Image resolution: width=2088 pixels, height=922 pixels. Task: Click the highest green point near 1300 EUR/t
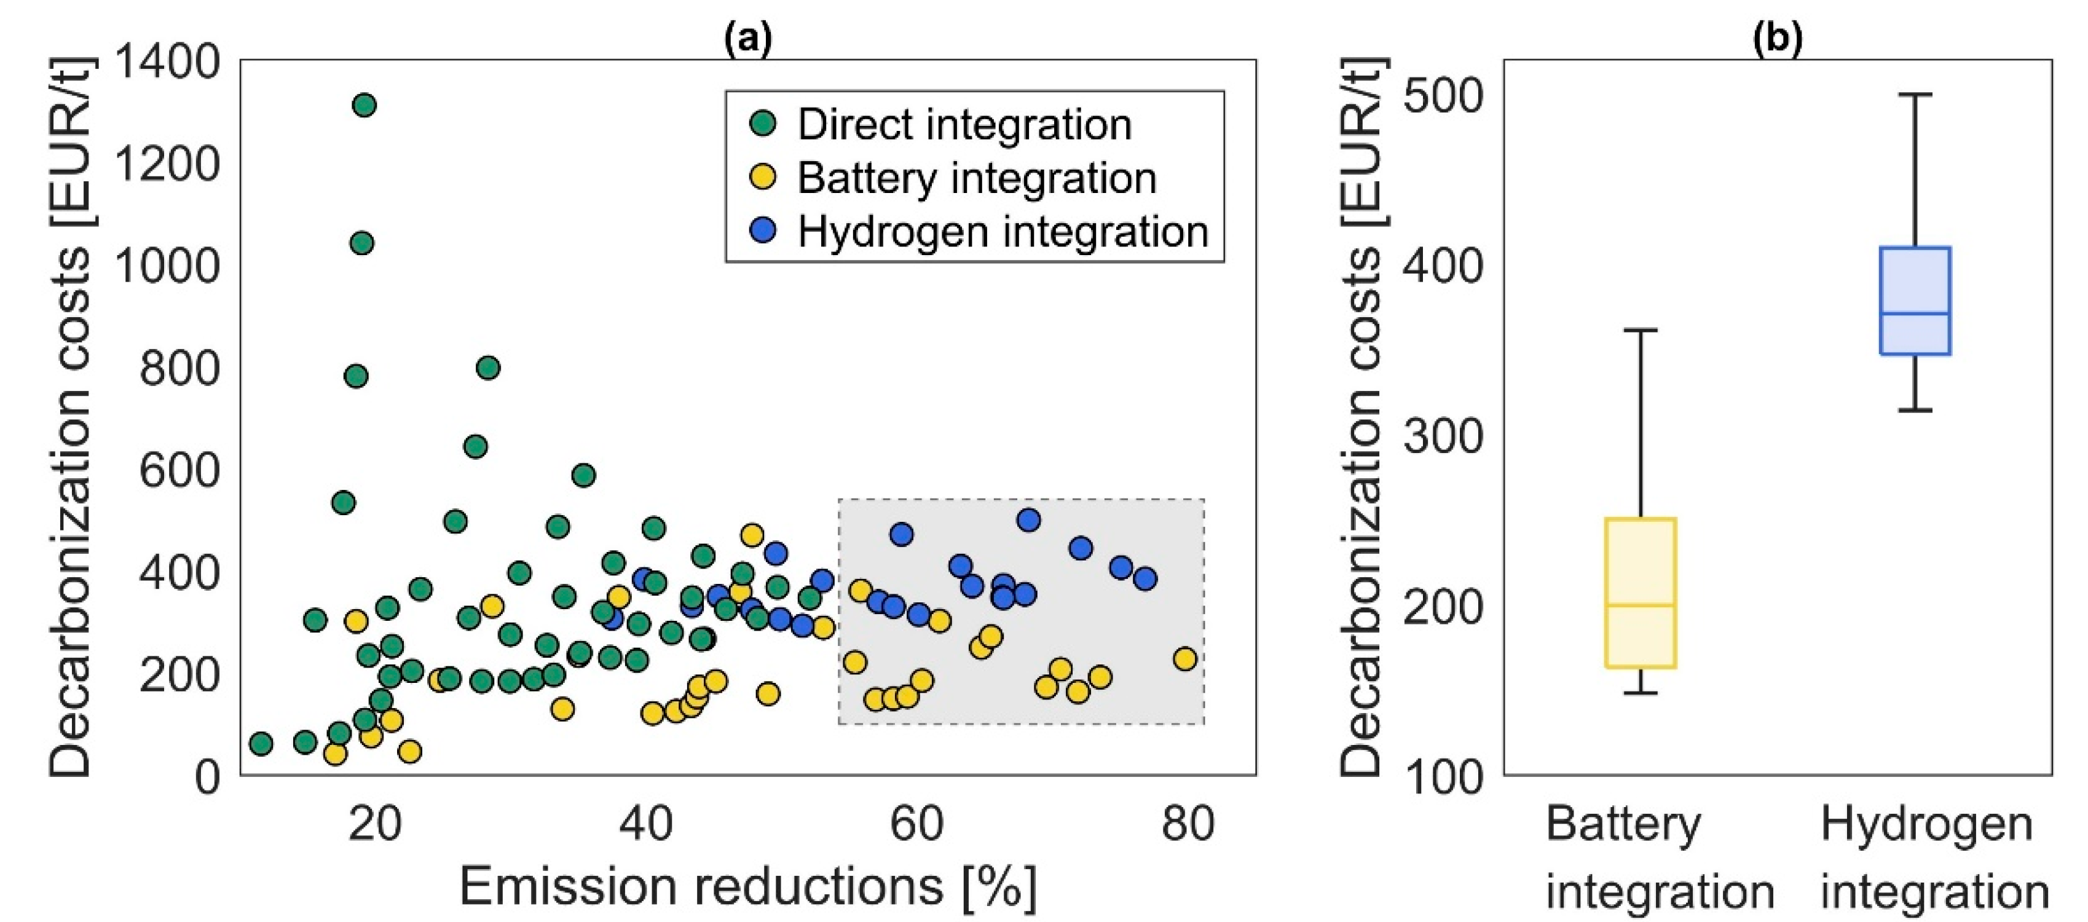click(364, 104)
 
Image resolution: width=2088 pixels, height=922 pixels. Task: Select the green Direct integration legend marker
click(763, 124)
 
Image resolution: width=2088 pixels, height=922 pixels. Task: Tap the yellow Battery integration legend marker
click(763, 177)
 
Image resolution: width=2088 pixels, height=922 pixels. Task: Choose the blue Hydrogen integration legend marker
click(763, 230)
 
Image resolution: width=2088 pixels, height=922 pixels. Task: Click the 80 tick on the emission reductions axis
click(1188, 824)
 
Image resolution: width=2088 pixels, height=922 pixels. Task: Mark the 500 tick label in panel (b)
click(1443, 97)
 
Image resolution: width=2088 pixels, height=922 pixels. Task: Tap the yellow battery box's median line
click(1641, 605)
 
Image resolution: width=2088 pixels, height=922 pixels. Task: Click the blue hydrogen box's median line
click(1915, 313)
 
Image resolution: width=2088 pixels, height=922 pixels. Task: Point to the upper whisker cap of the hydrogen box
click(1915, 95)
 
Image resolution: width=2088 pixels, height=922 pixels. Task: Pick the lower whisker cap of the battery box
click(1641, 693)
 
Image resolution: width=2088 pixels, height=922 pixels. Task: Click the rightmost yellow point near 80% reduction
click(1185, 658)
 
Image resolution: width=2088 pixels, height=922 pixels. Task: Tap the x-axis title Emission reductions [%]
click(747, 886)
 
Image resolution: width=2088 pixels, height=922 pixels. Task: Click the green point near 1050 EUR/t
click(361, 242)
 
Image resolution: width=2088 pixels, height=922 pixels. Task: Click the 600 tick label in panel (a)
click(179, 470)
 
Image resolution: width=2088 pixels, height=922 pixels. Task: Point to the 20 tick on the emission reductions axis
click(374, 824)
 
